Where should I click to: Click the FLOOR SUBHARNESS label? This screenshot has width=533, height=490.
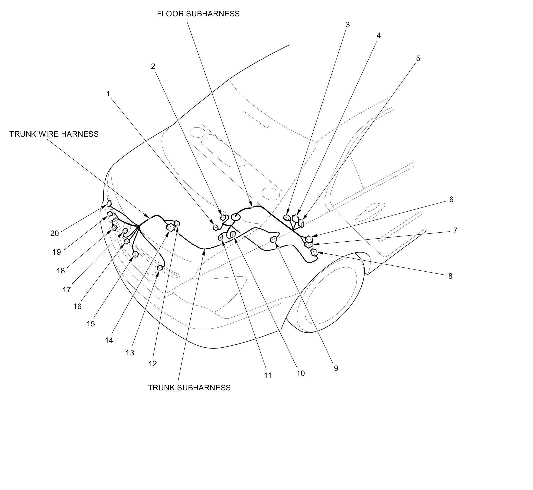pos(198,14)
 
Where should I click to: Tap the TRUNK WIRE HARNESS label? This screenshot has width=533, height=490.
pos(54,134)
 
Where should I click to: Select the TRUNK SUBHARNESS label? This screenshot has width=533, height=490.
pos(189,388)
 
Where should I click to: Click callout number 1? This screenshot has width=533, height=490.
pos(108,94)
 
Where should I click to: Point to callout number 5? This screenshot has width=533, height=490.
pos(418,59)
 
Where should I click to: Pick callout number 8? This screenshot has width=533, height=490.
pos(450,276)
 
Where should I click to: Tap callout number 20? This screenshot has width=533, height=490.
pos(54,233)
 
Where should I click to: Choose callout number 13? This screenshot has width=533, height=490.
pos(130,353)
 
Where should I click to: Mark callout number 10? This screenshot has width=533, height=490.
pos(300,373)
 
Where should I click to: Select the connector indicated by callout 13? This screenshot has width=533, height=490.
pos(160,267)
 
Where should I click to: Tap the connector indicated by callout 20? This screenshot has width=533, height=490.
pos(109,203)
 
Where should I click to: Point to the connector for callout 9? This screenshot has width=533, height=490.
pos(274,239)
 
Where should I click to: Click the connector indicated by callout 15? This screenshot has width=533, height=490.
pos(135,254)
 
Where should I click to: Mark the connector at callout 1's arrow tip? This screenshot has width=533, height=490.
pos(215,227)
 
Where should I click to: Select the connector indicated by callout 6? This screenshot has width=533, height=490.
pos(309,239)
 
